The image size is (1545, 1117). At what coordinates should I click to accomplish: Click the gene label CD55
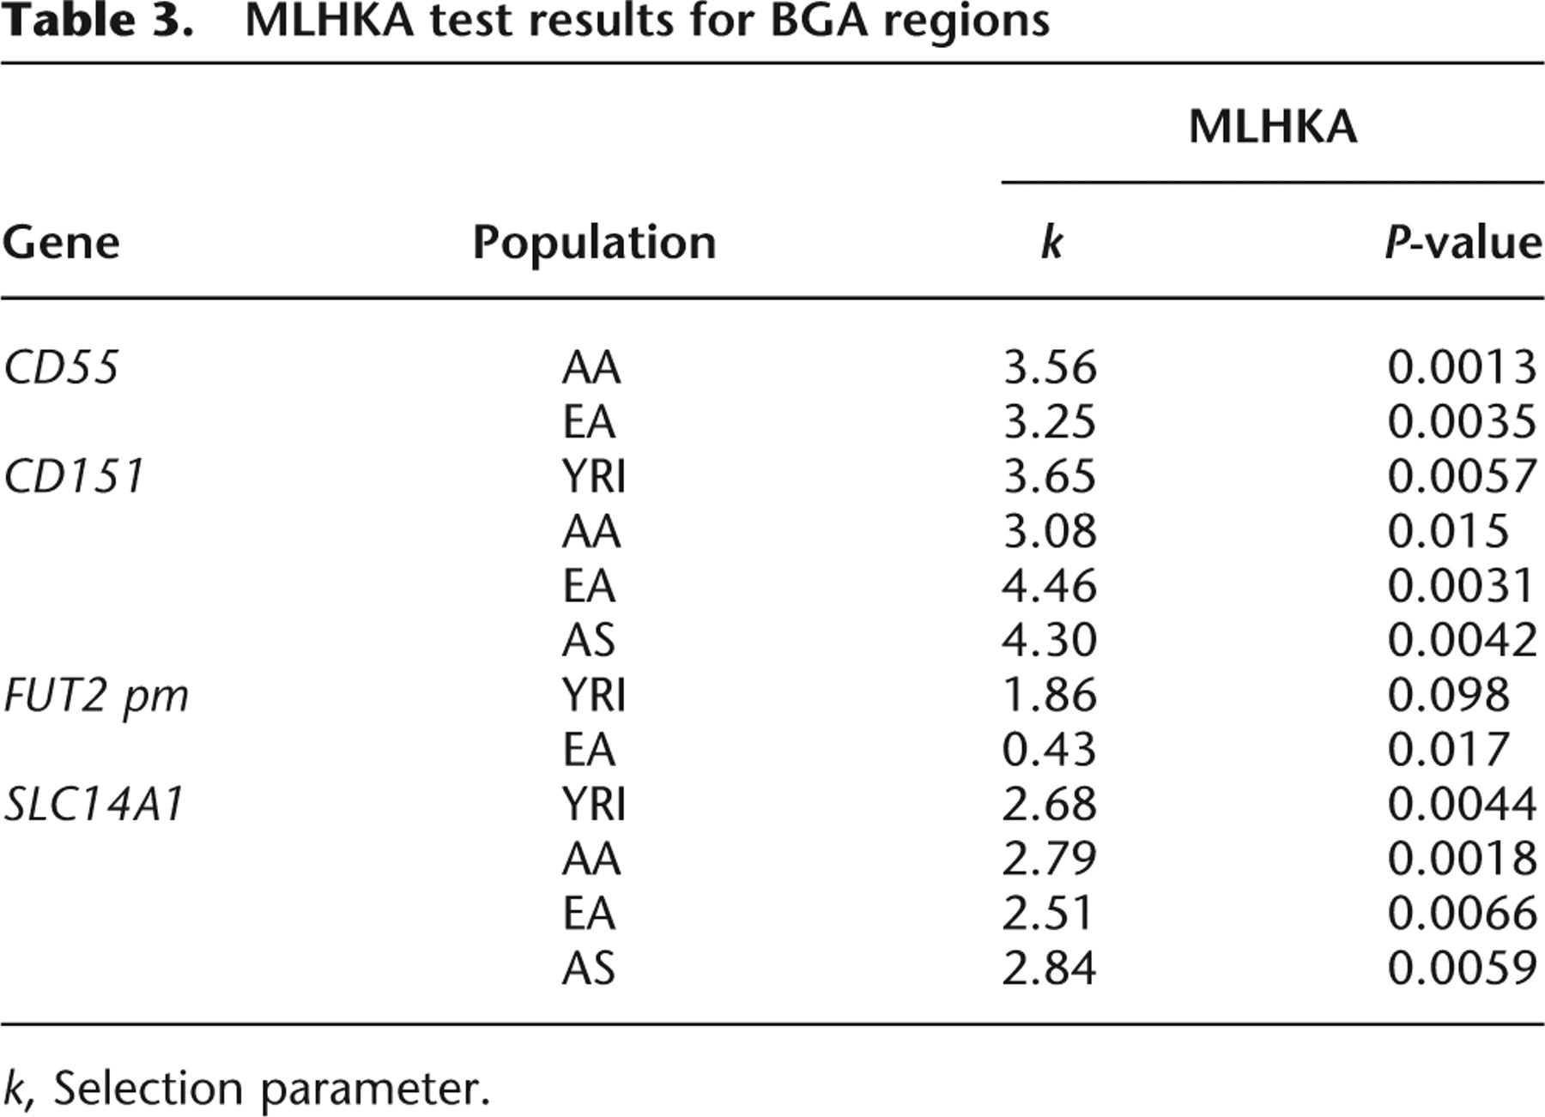point(61,367)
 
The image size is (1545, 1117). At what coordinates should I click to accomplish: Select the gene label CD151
point(74,476)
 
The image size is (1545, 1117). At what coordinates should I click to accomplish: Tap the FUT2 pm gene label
point(96,696)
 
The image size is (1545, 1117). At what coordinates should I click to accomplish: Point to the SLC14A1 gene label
point(94,805)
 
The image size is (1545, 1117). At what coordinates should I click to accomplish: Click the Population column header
point(594,244)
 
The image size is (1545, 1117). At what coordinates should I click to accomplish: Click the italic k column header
point(1051,242)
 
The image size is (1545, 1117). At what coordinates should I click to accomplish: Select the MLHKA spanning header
point(1273,127)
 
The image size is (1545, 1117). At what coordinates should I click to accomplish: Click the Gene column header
point(61,242)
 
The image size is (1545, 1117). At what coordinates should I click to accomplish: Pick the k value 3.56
point(1050,367)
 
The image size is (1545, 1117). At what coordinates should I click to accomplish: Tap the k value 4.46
point(1049,586)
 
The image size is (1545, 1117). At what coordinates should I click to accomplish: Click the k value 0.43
point(1049,750)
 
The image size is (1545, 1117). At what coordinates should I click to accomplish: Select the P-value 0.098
point(1449,695)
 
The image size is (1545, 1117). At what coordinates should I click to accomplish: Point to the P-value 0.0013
point(1463,367)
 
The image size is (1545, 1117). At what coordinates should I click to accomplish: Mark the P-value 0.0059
point(1463,968)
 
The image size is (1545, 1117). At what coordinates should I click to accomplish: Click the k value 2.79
point(1049,859)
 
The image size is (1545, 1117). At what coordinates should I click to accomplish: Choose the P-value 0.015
point(1449,531)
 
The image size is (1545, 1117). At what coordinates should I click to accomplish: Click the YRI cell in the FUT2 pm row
point(594,695)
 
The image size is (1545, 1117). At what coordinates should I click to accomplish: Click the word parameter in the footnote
point(375,1090)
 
